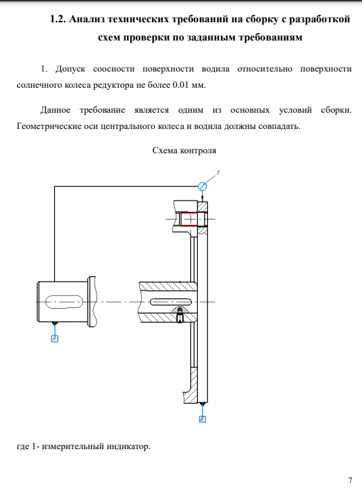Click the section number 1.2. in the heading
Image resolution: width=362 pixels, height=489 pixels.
click(58, 20)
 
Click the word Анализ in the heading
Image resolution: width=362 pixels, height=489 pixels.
click(87, 20)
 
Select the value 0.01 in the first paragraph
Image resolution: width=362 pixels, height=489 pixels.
click(180, 85)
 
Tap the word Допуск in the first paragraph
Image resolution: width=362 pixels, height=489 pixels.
click(70, 69)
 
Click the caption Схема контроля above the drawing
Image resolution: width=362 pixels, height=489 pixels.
click(184, 151)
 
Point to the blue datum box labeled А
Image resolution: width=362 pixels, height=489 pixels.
click(55, 338)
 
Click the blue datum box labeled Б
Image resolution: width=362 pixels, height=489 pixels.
click(203, 419)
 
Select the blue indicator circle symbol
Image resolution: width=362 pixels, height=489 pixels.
click(203, 186)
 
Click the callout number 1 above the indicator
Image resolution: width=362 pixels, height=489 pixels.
click(218, 172)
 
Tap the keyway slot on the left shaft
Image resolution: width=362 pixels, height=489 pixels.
click(64, 302)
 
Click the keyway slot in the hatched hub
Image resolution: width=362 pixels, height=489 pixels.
click(171, 302)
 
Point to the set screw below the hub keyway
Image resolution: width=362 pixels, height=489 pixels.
click(180, 315)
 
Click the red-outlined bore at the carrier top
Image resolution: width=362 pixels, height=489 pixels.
click(193, 219)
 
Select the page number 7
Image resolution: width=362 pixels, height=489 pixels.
click(350, 480)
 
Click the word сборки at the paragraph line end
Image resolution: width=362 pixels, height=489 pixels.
click(336, 110)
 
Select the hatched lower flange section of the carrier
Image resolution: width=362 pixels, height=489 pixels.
click(192, 386)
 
